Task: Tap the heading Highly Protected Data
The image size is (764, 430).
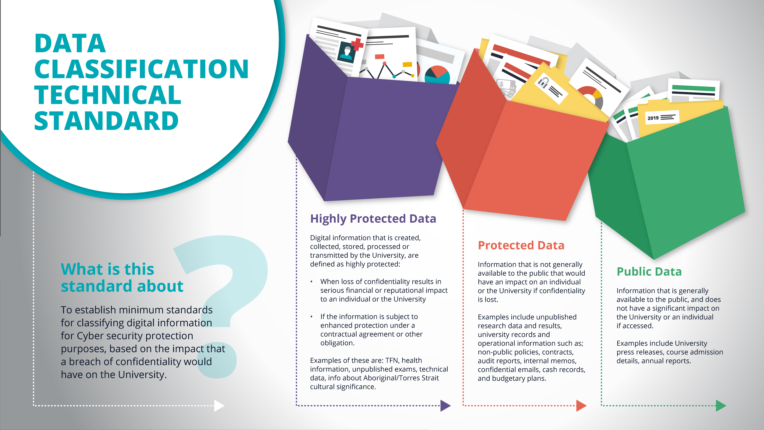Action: pos(373,219)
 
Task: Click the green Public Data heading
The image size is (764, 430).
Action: pos(649,272)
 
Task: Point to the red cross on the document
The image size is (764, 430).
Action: pos(357,44)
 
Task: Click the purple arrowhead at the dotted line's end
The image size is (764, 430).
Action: pos(445,405)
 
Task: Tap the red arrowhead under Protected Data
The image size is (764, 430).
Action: pos(581,405)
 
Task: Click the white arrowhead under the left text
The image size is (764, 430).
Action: pos(219,405)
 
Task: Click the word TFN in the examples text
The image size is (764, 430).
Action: pos(392,360)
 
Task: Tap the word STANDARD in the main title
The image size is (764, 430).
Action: pos(106,121)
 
